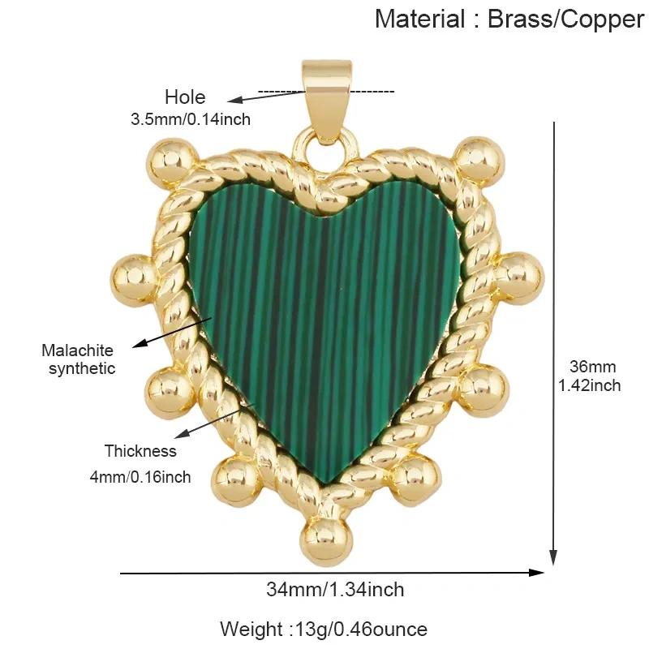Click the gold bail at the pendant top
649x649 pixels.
pos(327,101)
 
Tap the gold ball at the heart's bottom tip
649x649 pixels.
pos(327,542)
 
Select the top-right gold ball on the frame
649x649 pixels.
pos(479,162)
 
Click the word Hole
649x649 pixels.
pos(185,97)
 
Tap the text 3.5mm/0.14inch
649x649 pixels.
pos(191,119)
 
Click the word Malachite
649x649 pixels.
pos(77,350)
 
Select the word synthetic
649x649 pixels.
pos(82,368)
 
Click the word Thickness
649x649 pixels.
pos(140,451)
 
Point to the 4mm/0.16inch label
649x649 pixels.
pos(140,477)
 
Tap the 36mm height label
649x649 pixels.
pos(592,367)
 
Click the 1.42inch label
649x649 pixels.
pos(590,385)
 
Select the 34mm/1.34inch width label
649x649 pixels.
pos(335,590)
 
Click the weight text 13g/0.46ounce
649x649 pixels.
pos(361,630)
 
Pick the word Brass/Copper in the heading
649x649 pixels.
pos(565,19)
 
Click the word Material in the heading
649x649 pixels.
pos(419,19)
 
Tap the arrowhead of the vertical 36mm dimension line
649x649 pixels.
pos(553,557)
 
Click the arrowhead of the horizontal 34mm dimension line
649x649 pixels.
pos(537,573)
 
